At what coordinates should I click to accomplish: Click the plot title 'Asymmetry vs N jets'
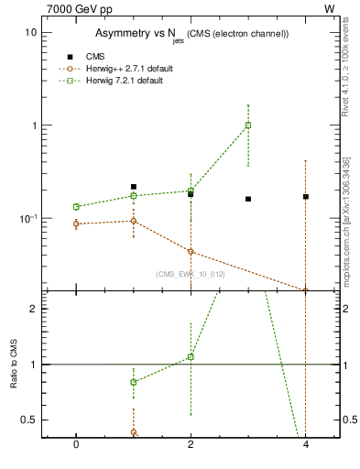point(192,34)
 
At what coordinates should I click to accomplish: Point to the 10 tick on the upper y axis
point(31,32)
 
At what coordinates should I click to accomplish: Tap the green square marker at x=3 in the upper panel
point(248,125)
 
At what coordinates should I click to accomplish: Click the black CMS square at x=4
point(306,196)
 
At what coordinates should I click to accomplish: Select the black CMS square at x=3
point(248,199)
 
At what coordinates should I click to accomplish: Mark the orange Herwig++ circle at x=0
point(76,224)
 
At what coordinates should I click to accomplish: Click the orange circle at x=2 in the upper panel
point(191,251)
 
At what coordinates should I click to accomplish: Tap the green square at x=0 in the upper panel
point(76,207)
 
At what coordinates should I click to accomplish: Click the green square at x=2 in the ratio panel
point(191,356)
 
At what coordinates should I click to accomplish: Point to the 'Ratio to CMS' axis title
point(15,363)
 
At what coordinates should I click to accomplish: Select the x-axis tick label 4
point(306,444)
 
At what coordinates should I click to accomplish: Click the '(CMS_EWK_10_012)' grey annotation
point(191,274)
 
